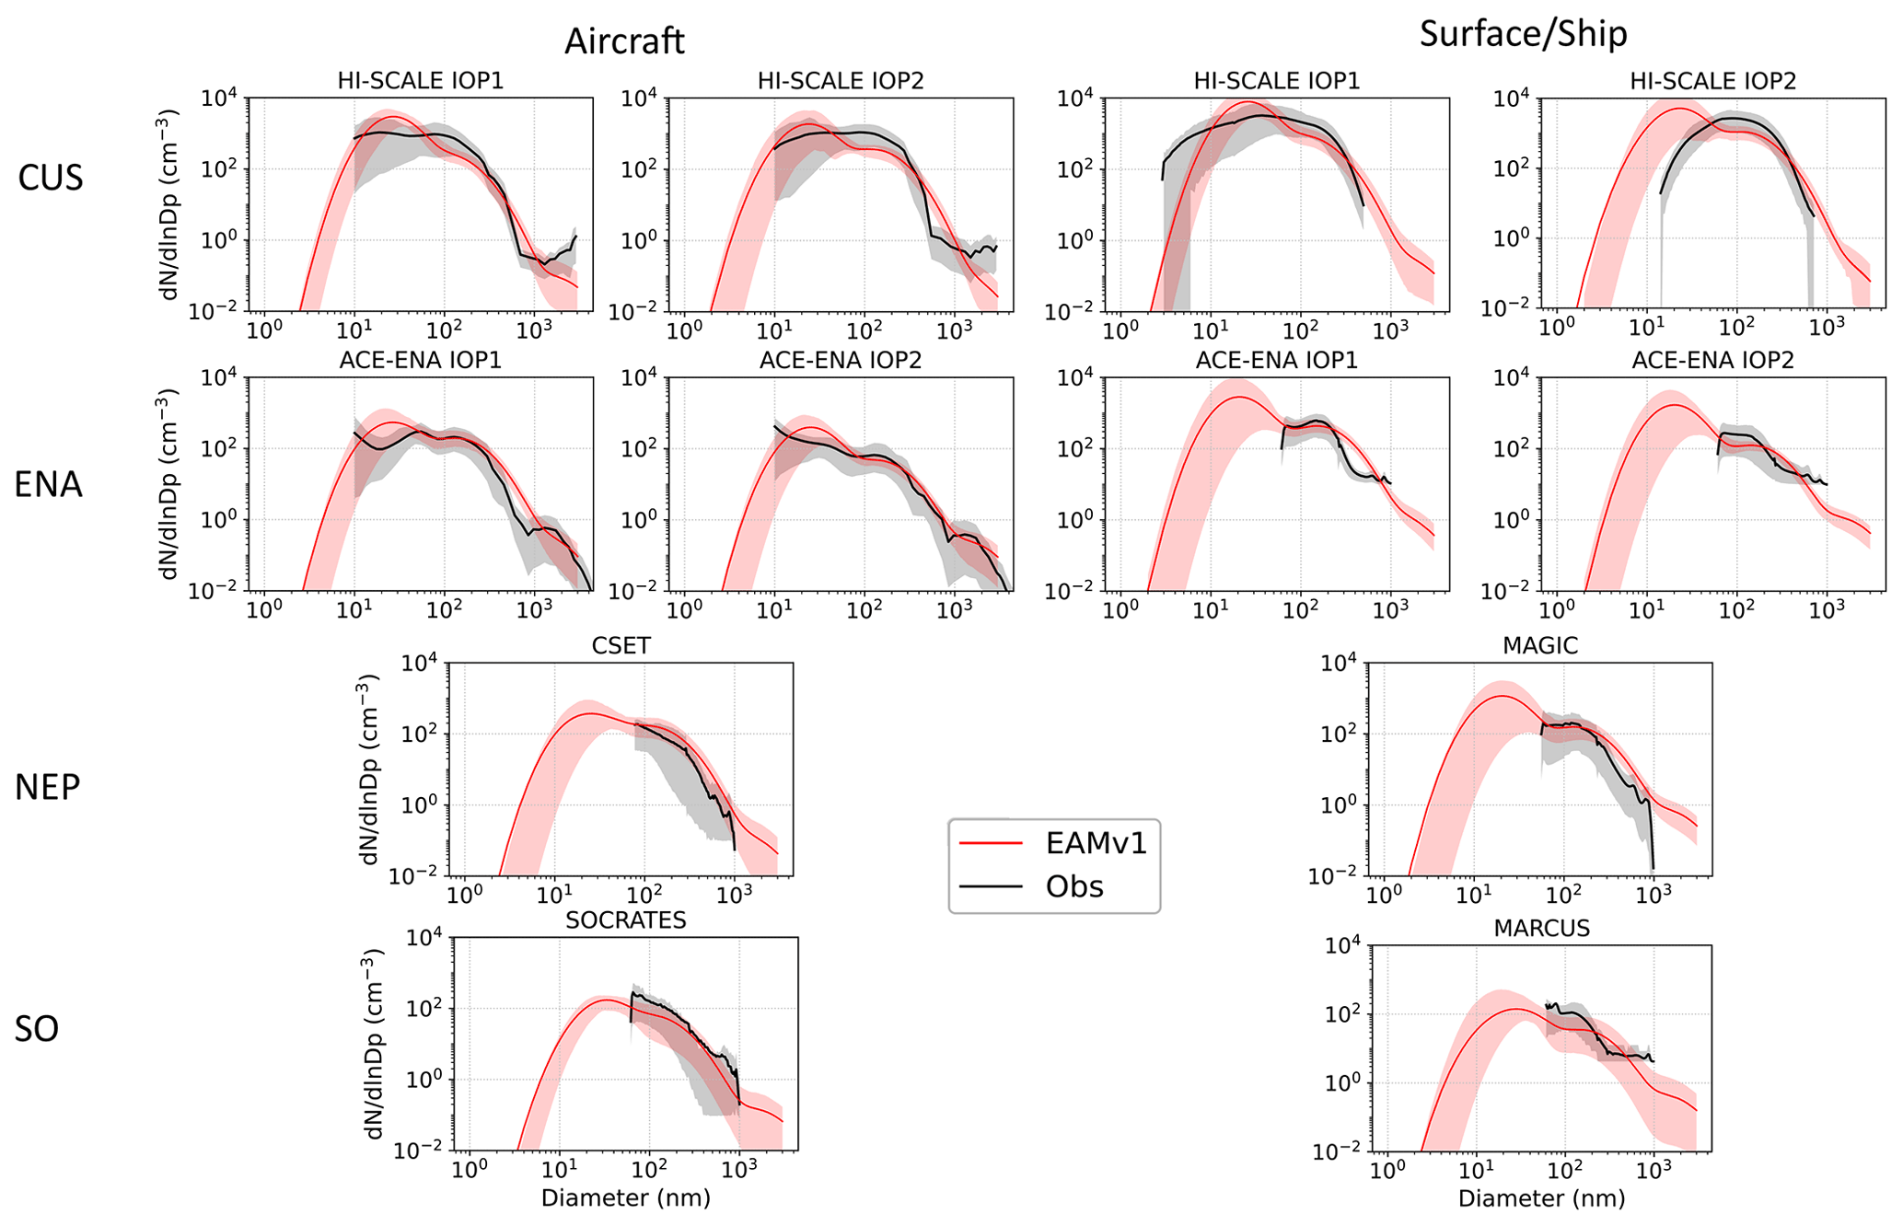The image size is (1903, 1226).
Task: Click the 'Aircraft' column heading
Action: pos(624,41)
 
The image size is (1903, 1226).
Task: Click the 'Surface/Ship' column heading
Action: pos(1523,34)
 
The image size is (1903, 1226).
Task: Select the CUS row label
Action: pos(51,178)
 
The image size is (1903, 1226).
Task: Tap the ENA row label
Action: pos(48,484)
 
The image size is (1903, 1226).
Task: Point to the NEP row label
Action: pos(48,787)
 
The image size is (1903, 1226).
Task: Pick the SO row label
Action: pos(37,1029)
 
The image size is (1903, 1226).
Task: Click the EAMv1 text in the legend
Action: pos(1097,843)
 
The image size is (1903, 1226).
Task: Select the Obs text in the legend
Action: pos(1074,886)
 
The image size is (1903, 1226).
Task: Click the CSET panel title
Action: pos(621,646)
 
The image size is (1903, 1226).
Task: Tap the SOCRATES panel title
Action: pos(626,920)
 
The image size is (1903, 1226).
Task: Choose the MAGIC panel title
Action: pos(1539,646)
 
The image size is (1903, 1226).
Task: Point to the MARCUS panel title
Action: pos(1541,928)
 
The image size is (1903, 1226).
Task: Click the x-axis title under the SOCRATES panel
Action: pos(626,1197)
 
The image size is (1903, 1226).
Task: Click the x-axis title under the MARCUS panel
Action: pos(1541,1198)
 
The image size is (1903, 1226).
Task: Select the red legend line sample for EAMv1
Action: pos(991,843)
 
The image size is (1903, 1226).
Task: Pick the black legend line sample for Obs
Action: pos(991,886)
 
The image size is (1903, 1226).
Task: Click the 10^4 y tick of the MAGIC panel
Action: pos(1340,664)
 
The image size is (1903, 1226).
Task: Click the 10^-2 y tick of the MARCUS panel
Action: pos(1337,1151)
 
